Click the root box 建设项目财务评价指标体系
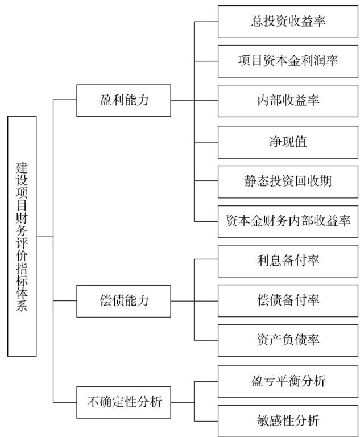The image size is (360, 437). [x=23, y=236]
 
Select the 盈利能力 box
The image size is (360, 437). [x=123, y=101]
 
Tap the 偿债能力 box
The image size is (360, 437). [x=123, y=300]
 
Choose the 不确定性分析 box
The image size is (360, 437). [x=123, y=402]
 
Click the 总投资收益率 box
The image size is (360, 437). [x=288, y=21]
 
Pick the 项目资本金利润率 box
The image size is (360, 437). [x=288, y=61]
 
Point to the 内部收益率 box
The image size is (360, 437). [x=288, y=101]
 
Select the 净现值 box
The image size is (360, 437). [x=288, y=141]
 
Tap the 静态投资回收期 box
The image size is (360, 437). [x=288, y=181]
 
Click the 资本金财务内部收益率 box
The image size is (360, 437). [x=288, y=221]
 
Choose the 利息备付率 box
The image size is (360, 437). [x=288, y=261]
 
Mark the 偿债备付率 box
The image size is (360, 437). [x=288, y=300]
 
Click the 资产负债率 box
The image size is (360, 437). [x=288, y=340]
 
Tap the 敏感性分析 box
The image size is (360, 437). [x=288, y=421]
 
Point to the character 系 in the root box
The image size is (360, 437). [x=23, y=304]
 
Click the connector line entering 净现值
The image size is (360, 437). [x=206, y=141]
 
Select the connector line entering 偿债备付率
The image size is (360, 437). [x=206, y=300]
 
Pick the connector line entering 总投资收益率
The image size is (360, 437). [x=206, y=21]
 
